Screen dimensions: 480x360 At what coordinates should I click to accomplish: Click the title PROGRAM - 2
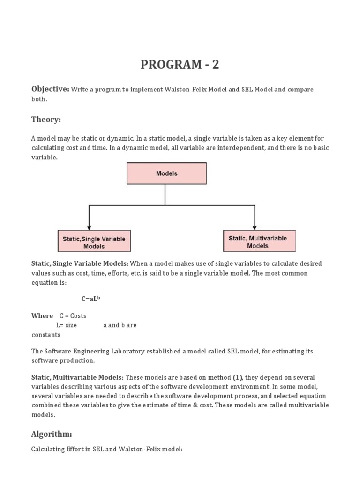point(180,65)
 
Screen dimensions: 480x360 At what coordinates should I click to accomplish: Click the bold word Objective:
point(50,89)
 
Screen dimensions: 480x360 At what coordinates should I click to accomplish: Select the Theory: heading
point(46,120)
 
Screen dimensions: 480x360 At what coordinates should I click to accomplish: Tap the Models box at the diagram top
point(166,173)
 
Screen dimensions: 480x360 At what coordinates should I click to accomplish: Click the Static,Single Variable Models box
point(94,242)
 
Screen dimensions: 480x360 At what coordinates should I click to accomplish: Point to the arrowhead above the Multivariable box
point(254,226)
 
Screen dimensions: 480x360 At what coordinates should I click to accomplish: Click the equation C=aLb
point(90,299)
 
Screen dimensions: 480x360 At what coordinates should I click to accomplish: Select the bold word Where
point(42,316)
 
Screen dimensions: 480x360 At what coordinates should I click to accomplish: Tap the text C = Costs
point(73,316)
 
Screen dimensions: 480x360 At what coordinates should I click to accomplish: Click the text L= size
point(66,325)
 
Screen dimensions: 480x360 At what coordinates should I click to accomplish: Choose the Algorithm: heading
point(52,434)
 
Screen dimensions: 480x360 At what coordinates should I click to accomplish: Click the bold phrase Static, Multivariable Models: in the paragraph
point(77,377)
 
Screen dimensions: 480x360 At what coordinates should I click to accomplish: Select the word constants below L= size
point(46,335)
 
